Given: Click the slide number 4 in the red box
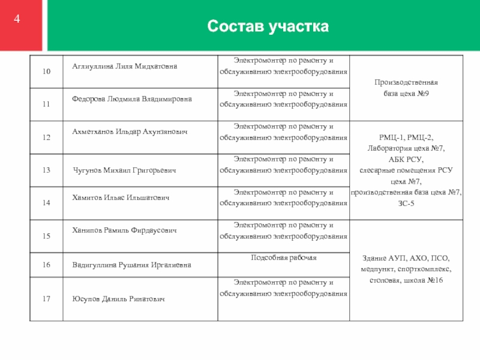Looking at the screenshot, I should coord(17,19).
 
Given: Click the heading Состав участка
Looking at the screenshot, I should coord(268,27).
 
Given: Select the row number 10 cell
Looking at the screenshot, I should coord(46,72).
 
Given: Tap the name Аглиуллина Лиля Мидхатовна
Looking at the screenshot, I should coord(125,66).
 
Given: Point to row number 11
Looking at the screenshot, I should coord(46,105).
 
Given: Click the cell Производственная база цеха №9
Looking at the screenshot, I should coord(406,88).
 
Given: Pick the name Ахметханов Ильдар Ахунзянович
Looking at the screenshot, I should coord(129,131).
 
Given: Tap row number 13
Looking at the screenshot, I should coord(46,170).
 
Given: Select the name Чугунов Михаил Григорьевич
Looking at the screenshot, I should coord(124,171).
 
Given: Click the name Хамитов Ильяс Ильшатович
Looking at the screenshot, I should coord(122,197).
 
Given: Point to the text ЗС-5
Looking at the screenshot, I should coord(406,204).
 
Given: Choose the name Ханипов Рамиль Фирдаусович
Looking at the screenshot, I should coord(124,230).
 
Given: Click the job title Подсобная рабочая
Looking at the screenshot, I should coord(284,258).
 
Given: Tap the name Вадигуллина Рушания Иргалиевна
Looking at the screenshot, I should coord(132,264).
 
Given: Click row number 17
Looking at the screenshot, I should coord(46,298).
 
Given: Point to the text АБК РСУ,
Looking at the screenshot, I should coord(406,159).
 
